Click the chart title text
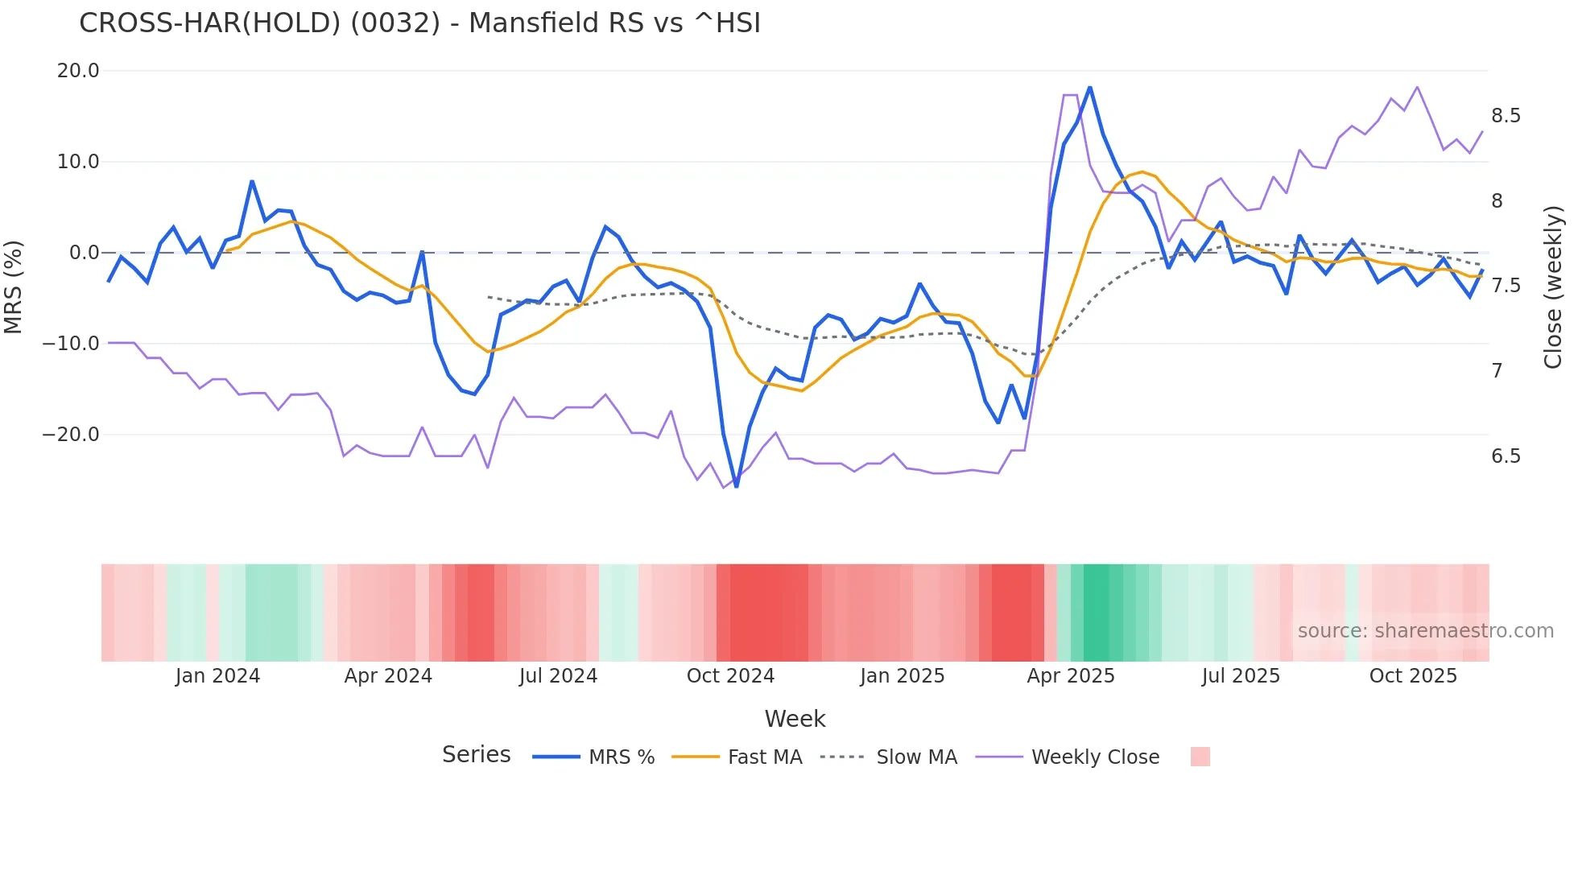[419, 23]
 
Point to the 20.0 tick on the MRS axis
[78, 71]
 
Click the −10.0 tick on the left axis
[71, 344]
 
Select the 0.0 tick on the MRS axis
[85, 253]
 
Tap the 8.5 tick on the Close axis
[1506, 116]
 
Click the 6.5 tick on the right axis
[1506, 456]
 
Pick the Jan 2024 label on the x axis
[217, 676]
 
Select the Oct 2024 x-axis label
[730, 676]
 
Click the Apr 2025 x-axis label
[1071, 676]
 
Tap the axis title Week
[795, 719]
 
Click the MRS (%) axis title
[14, 287]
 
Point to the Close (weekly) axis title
[1553, 287]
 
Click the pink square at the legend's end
[1200, 757]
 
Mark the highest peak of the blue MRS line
[1089, 87]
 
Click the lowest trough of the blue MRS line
[736, 486]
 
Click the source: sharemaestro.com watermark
[1425, 631]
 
